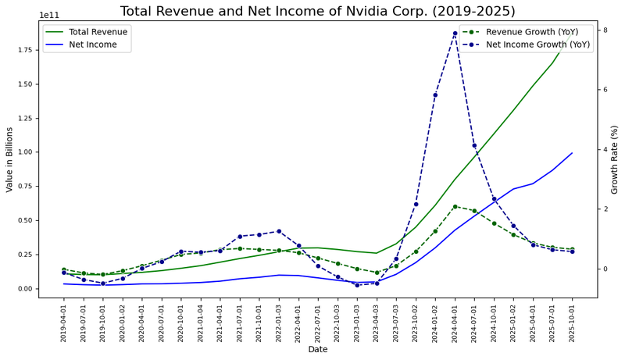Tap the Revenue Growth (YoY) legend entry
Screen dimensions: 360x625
(531, 32)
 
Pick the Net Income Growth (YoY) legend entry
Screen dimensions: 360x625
(537, 45)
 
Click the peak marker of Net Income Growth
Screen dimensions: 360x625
(455, 34)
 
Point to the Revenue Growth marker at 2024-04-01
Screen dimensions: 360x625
(455, 206)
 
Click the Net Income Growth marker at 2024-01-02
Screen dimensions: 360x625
(435, 95)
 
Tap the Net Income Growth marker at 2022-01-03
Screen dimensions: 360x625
(279, 231)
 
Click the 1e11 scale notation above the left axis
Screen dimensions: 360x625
(48, 15)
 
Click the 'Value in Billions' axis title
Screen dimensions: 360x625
(9, 159)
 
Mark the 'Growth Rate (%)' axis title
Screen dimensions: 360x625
(615, 159)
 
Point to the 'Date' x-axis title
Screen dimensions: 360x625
(318, 350)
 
